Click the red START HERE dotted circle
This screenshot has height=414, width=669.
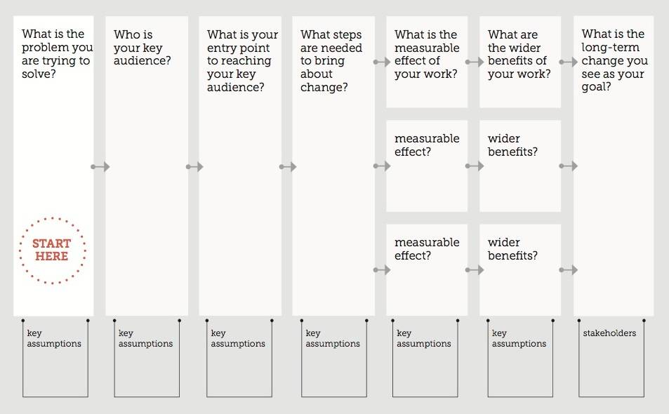[x=53, y=218]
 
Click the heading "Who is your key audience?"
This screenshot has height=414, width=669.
[x=142, y=47]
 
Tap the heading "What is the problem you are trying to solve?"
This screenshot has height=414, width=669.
[x=57, y=54]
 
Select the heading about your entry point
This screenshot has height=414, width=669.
[x=242, y=60]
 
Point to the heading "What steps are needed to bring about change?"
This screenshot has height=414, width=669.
[x=331, y=60]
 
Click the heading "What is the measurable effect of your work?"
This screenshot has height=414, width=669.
[x=427, y=54]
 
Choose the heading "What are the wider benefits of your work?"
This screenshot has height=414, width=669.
[x=519, y=54]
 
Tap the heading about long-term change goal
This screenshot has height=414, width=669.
[x=614, y=60]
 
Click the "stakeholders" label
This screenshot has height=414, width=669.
[x=609, y=333]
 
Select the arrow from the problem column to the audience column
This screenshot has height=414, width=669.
[x=100, y=167]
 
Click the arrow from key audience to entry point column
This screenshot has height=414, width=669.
[x=194, y=167]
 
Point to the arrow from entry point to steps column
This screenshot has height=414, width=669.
[x=288, y=167]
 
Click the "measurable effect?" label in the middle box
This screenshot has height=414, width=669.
[x=427, y=145]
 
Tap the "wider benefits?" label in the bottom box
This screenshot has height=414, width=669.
[x=512, y=249]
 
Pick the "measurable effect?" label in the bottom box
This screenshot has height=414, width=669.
[x=427, y=249]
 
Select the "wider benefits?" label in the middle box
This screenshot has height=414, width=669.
[x=512, y=145]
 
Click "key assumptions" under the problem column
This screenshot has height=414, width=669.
[x=54, y=338]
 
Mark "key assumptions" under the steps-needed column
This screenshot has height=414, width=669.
[x=332, y=338]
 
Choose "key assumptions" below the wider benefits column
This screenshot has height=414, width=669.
[x=519, y=338]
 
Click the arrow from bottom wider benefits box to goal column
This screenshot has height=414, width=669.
[x=569, y=270]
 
